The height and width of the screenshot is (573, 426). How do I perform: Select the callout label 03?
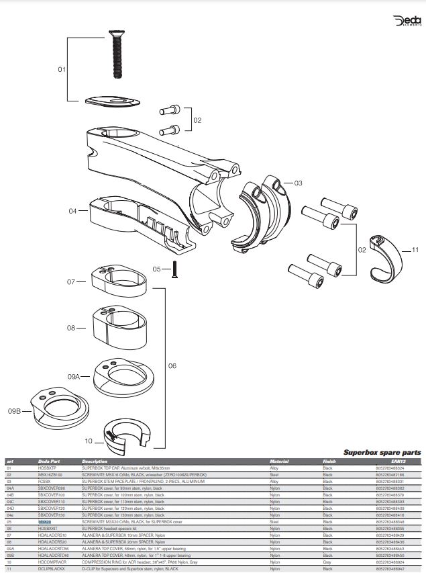coord(298,183)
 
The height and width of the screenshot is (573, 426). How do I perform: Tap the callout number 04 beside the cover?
coord(73,210)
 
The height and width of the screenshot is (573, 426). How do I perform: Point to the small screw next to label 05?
coord(174,269)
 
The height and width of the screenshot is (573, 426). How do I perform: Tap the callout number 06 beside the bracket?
coord(172,366)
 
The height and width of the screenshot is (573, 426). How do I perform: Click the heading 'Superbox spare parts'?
coord(382,453)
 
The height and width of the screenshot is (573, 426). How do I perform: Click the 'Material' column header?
coord(279,461)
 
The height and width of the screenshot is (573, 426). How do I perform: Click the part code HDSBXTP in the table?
coord(48,468)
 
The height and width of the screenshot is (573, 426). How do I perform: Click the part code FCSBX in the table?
coord(45,482)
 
